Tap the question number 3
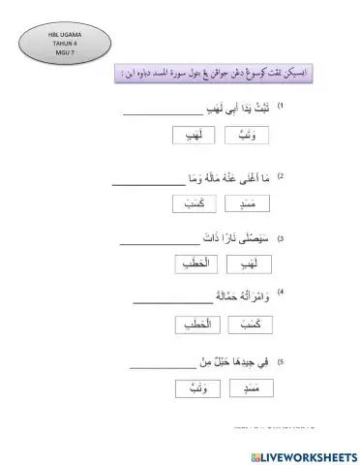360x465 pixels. pos(281,237)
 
